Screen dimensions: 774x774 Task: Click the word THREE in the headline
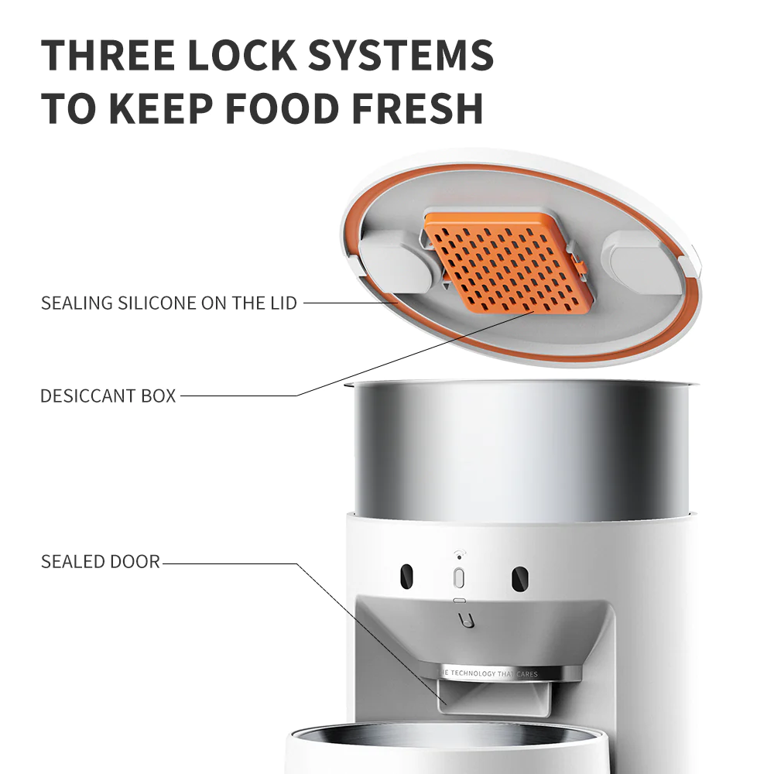click(x=108, y=55)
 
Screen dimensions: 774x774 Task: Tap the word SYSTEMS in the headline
click(x=401, y=55)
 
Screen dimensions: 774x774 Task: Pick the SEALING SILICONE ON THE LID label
click(x=169, y=303)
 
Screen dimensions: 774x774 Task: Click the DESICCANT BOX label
click(x=108, y=396)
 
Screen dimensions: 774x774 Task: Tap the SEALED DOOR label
click(x=101, y=562)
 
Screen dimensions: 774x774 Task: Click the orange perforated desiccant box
click(x=509, y=264)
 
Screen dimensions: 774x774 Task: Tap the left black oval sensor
click(x=407, y=577)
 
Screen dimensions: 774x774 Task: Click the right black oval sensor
click(x=520, y=578)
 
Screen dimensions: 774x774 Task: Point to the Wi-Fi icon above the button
click(x=460, y=555)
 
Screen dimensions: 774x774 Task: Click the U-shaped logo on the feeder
click(x=466, y=620)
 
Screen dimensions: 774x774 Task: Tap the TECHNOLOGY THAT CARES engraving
click(x=488, y=673)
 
